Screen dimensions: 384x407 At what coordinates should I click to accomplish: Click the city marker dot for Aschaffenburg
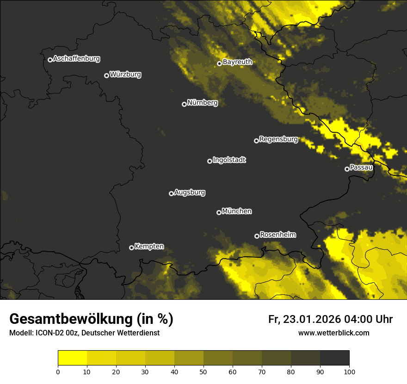pyautogui.click(x=50, y=60)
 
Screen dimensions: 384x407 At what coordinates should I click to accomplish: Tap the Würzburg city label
pyautogui.click(x=125, y=74)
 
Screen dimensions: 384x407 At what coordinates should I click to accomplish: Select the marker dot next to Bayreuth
pyautogui.click(x=219, y=63)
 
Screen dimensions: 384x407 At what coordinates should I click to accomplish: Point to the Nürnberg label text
pyautogui.click(x=202, y=103)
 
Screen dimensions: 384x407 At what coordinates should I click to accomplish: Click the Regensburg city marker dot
pyautogui.click(x=256, y=141)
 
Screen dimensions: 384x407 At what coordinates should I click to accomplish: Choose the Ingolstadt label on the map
pyautogui.click(x=229, y=160)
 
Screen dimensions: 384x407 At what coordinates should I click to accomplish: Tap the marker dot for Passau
pyautogui.click(x=347, y=169)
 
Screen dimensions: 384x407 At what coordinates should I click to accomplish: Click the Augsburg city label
pyautogui.click(x=190, y=192)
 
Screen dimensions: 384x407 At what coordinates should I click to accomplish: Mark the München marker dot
pyautogui.click(x=219, y=213)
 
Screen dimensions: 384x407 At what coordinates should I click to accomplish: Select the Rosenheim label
pyautogui.click(x=277, y=235)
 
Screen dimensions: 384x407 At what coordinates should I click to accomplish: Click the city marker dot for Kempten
pyautogui.click(x=131, y=248)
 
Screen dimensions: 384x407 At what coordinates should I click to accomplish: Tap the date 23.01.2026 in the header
pyautogui.click(x=311, y=319)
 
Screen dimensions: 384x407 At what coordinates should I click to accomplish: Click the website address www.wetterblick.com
pyautogui.click(x=334, y=333)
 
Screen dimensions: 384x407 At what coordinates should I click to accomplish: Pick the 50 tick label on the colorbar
pyautogui.click(x=203, y=372)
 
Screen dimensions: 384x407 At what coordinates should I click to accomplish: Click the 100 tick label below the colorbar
pyautogui.click(x=349, y=372)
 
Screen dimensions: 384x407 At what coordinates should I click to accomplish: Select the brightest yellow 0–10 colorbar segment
pyautogui.click(x=73, y=358)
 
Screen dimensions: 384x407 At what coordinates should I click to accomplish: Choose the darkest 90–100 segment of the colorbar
pyautogui.click(x=334, y=358)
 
